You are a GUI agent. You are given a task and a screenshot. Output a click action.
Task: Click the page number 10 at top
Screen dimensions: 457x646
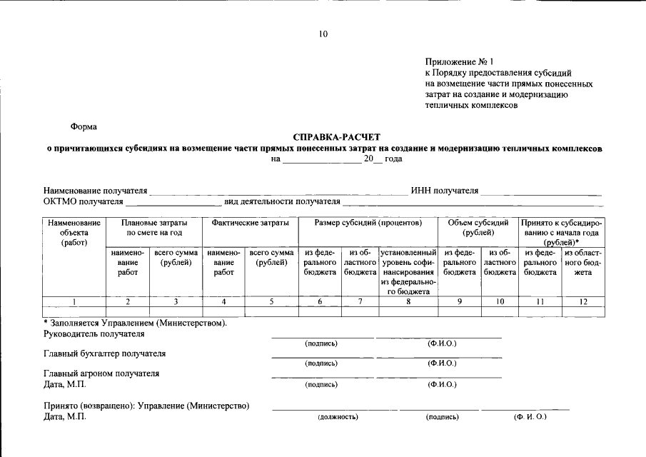[x=323, y=34]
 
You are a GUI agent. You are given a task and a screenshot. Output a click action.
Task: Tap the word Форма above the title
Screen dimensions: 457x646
[x=84, y=126]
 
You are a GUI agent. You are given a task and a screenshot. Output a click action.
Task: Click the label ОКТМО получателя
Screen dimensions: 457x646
[x=84, y=201]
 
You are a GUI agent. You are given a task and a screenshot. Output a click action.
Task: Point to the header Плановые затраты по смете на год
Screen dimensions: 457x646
[x=154, y=228]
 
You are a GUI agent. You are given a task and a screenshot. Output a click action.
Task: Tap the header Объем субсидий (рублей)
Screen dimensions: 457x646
[x=478, y=228]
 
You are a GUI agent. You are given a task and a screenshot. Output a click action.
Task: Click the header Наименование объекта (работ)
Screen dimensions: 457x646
[x=74, y=232]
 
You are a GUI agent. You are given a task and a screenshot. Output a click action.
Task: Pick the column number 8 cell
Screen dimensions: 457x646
[x=408, y=302]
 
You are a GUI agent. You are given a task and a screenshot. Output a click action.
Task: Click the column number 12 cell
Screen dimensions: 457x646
[x=583, y=302]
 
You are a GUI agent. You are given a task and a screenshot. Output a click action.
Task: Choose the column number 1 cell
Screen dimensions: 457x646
[x=74, y=302]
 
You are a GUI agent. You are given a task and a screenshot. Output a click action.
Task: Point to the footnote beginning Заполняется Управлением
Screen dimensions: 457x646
[x=135, y=323]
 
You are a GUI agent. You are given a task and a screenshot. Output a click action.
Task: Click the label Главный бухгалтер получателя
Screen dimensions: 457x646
[x=104, y=353]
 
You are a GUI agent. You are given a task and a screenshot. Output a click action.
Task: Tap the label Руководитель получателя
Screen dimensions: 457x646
[x=94, y=333]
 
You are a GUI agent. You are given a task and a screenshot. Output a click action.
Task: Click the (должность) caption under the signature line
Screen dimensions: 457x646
[x=338, y=417]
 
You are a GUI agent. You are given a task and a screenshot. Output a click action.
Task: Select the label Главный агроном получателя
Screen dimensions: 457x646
[x=101, y=373]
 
